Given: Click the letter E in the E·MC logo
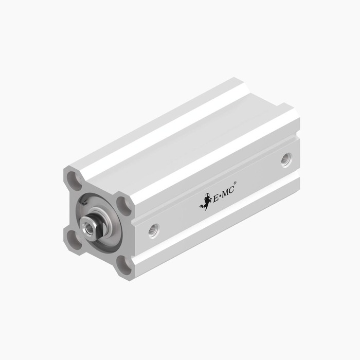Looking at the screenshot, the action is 217,198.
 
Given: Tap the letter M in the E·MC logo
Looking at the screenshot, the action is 225,194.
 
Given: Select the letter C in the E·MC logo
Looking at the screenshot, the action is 231,190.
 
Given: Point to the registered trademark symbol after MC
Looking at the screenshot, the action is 235,183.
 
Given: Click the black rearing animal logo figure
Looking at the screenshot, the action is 205,202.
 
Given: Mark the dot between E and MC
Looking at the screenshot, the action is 220,196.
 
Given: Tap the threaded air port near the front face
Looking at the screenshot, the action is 154,231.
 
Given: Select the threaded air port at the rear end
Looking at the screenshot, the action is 286,160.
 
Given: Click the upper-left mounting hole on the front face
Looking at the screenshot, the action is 73,181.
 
